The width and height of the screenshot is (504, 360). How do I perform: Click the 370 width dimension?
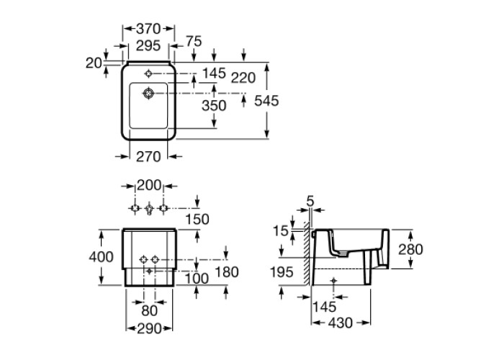point(148,29)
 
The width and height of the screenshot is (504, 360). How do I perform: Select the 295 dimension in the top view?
point(148,45)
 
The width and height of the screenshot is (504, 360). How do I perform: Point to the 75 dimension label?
point(194,41)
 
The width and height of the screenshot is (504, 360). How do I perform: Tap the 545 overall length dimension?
point(266,101)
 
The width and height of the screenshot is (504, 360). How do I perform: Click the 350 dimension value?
point(214,105)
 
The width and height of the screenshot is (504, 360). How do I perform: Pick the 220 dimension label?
point(243,78)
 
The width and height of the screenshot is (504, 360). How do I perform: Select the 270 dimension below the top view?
point(148,157)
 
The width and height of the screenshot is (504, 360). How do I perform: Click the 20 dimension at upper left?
point(94,63)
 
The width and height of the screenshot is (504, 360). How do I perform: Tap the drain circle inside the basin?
point(148,94)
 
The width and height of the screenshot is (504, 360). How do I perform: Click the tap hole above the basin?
point(148,73)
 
